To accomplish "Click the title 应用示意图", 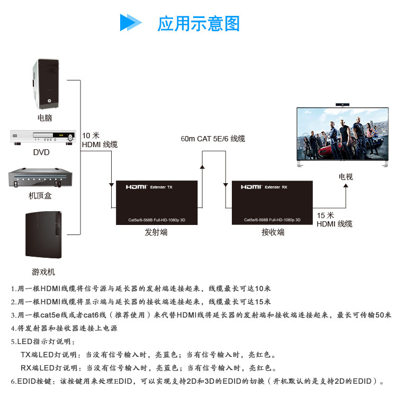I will click(198, 23).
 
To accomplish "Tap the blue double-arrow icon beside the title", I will click(131, 23).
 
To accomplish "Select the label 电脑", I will click(45, 118).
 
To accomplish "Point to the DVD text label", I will click(41, 153).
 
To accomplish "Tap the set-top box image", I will click(40, 178).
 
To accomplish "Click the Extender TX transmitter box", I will click(157, 203).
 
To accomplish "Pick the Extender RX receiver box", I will click(272, 203).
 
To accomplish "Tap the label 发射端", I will click(156, 232).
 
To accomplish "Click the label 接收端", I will click(273, 232).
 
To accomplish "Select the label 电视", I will click(346, 176).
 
